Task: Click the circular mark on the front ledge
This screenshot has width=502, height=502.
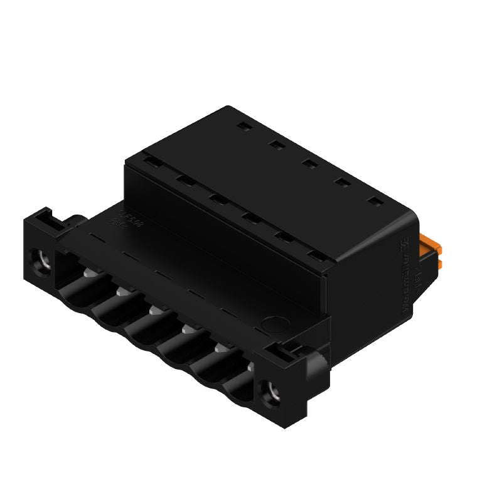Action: (x=271, y=325)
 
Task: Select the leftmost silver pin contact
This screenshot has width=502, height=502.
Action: (x=90, y=271)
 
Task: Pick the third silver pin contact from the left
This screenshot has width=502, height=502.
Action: (x=155, y=309)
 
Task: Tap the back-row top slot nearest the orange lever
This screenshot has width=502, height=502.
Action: (x=375, y=202)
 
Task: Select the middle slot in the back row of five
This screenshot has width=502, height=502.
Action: (x=308, y=164)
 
